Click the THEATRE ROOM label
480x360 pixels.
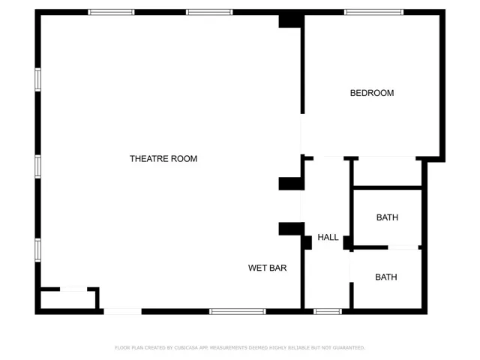[163, 159]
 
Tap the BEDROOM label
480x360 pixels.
[372, 93]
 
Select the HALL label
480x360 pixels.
[328, 238]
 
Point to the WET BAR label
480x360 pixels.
[268, 268]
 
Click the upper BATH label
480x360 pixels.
[387, 217]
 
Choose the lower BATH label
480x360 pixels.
[386, 277]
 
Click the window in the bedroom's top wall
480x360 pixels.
[373, 12]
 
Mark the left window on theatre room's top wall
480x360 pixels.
[111, 12]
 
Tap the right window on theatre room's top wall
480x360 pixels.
[209, 12]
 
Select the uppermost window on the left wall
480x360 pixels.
[37, 79]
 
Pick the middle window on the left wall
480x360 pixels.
[37, 166]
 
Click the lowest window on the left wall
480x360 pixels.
[37, 250]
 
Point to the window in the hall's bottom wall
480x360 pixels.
[328, 311]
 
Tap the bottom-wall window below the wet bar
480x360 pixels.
[238, 311]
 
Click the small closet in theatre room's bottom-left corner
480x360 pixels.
[68, 300]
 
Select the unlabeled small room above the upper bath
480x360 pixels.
[387, 172]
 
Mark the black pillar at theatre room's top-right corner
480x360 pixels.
[289, 20]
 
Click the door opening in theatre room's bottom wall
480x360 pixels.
[122, 311]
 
